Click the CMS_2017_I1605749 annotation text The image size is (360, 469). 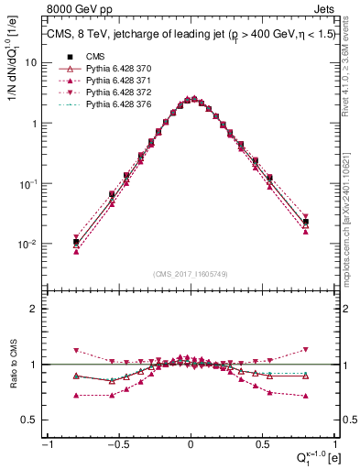190,274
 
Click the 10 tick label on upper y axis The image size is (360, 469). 31,63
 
